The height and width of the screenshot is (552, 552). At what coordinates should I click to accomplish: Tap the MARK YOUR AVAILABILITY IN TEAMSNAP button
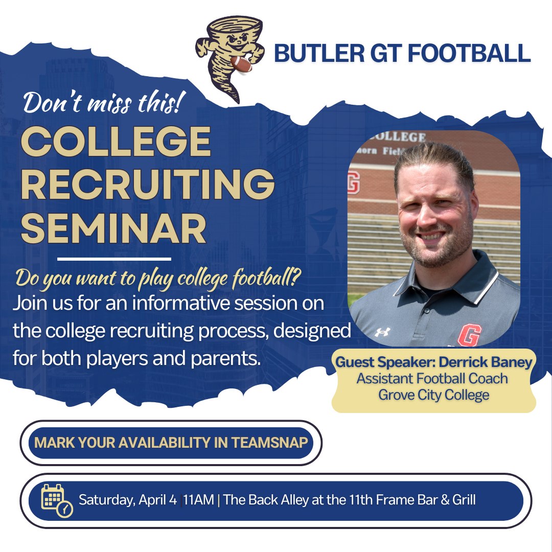pos(171,443)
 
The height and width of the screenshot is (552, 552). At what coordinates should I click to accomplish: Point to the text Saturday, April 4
pos(128,500)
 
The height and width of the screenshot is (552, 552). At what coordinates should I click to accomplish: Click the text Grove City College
pos(434,395)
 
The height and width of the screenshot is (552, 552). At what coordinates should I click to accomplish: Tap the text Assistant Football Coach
pos(432,379)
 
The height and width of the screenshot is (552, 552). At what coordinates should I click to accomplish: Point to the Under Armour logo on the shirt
pos(382,332)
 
